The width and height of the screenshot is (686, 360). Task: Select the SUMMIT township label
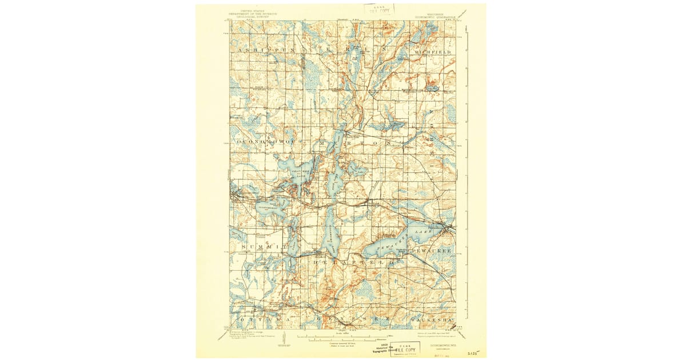tap(263, 246)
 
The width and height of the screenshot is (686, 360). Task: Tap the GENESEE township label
tap(352, 319)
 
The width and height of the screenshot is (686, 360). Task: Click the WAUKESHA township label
tap(432, 319)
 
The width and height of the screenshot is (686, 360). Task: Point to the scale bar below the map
tap(343, 335)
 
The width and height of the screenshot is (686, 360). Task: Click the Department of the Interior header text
tap(253, 13)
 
